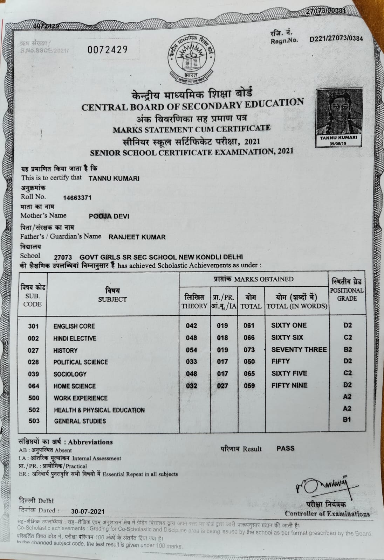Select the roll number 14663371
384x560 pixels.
pos(77,197)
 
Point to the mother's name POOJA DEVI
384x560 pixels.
pos(109,216)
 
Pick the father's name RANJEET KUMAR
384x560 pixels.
pos(137,237)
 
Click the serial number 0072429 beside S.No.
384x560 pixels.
pos(107,50)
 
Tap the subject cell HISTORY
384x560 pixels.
pos(66,350)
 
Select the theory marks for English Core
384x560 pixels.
pos(191,326)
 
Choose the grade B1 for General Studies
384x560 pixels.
pos(347,419)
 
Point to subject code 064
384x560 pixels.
pos(34,386)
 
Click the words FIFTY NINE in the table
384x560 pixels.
pos(289,385)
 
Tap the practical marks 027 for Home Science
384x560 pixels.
pos(222,386)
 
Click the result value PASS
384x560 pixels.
pos(285,448)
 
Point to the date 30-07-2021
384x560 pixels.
pos(88,511)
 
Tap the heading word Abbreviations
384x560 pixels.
pos(90,442)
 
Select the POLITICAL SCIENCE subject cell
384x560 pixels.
pos(81,362)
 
